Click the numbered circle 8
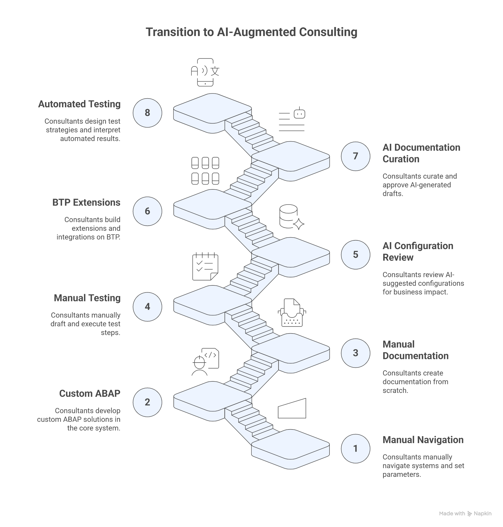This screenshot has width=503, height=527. [x=147, y=113]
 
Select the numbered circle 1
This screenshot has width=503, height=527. [x=355, y=448]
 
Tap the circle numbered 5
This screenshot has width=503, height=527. [x=355, y=254]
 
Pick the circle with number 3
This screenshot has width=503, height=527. [x=355, y=353]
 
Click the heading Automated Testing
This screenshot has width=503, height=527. [x=79, y=104]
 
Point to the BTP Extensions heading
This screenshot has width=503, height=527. [x=86, y=203]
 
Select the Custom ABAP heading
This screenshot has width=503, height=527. [x=89, y=393]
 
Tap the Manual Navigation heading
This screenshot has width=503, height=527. [x=423, y=440]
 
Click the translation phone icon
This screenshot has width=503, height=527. [x=205, y=72]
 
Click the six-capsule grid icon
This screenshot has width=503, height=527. [x=205, y=171]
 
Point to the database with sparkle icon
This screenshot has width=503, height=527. [x=291, y=217]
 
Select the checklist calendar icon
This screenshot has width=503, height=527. [x=205, y=266]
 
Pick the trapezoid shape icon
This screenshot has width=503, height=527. [x=292, y=408]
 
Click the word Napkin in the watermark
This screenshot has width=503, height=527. [x=482, y=513]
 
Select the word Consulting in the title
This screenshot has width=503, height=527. [x=328, y=32]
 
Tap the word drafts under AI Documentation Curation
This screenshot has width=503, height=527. [x=392, y=194]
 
